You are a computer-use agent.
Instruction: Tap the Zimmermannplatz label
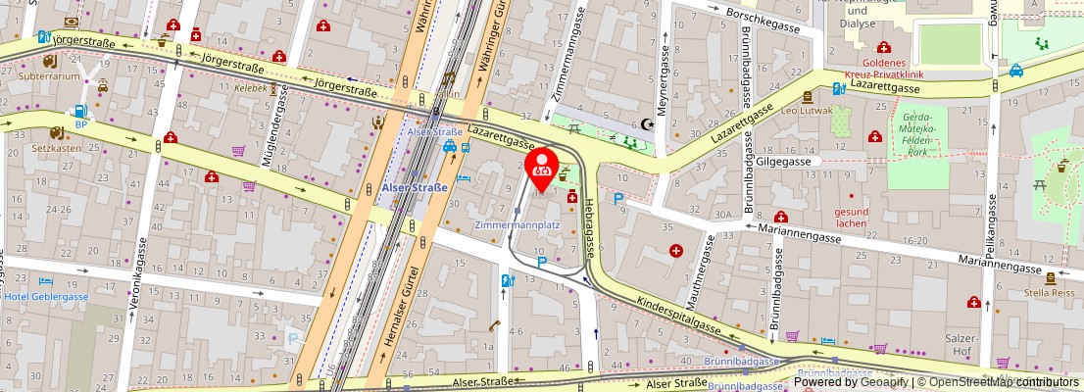517,224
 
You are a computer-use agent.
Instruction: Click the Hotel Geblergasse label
46,297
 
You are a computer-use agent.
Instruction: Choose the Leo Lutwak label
807,111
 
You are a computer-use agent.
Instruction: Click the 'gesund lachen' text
851,217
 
